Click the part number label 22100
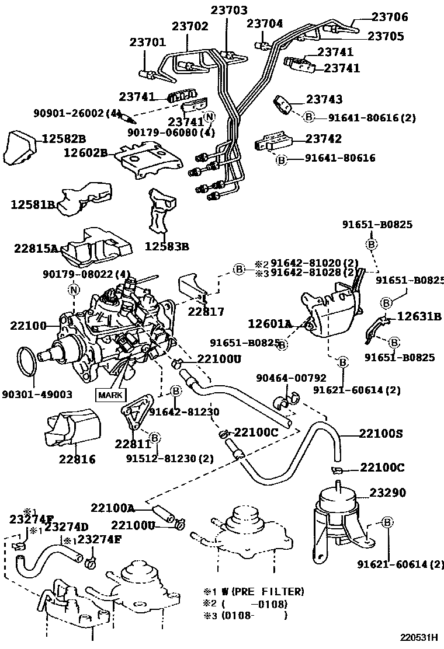click(x=27, y=325)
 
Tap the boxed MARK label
click(x=110, y=395)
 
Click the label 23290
click(x=386, y=493)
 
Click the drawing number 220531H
click(x=419, y=637)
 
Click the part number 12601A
click(x=270, y=323)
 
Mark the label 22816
click(x=77, y=459)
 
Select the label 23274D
click(x=67, y=527)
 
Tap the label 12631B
click(x=419, y=317)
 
